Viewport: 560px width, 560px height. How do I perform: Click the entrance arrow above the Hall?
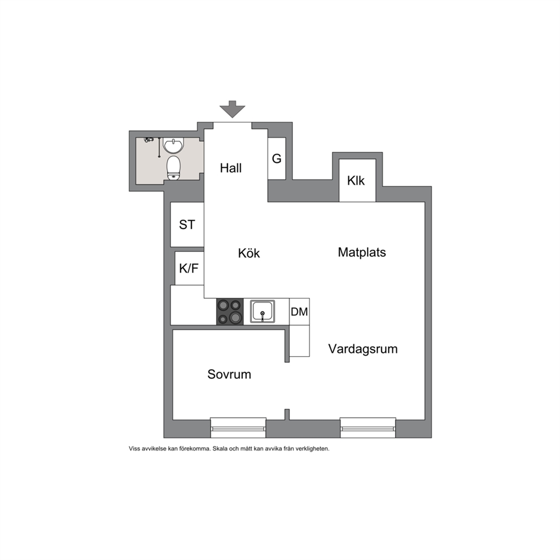tap(232, 109)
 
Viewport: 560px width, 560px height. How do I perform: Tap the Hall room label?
tap(231, 168)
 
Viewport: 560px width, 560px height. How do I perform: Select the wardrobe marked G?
tap(277, 158)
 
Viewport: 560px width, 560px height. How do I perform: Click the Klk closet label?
tap(356, 181)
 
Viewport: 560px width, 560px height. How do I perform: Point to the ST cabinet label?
tap(187, 225)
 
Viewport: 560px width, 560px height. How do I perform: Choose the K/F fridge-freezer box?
tap(189, 268)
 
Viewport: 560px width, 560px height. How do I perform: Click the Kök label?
tap(249, 253)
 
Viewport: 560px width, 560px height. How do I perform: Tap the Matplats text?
tap(362, 252)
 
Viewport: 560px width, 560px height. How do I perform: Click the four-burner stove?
tap(230, 312)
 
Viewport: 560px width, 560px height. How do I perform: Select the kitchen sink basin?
tap(262, 312)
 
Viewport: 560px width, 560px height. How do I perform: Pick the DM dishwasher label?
tap(299, 312)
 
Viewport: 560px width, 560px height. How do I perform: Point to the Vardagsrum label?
tap(363, 349)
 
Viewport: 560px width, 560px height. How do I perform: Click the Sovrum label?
tap(229, 374)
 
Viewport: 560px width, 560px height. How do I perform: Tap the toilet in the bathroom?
tap(174, 168)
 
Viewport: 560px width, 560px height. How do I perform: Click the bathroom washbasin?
tap(173, 145)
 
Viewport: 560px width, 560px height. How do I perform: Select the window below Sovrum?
tap(238, 427)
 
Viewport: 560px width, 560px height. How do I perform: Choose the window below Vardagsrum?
tap(368, 427)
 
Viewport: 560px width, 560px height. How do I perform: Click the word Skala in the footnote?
tap(220, 449)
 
